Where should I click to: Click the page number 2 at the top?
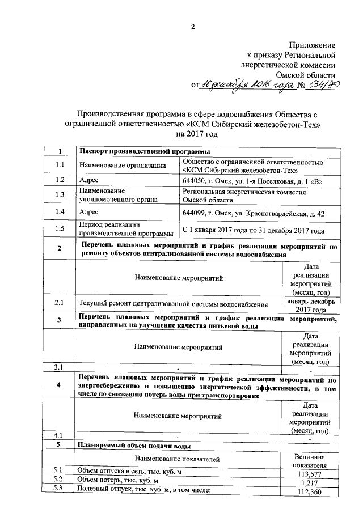click(x=193, y=27)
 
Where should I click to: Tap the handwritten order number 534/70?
click(x=319, y=85)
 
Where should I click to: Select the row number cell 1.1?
click(x=60, y=165)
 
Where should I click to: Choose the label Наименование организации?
click(x=123, y=165)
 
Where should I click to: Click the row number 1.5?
click(x=60, y=229)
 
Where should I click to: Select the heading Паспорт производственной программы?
click(x=144, y=151)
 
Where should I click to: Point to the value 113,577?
click(x=310, y=474)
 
